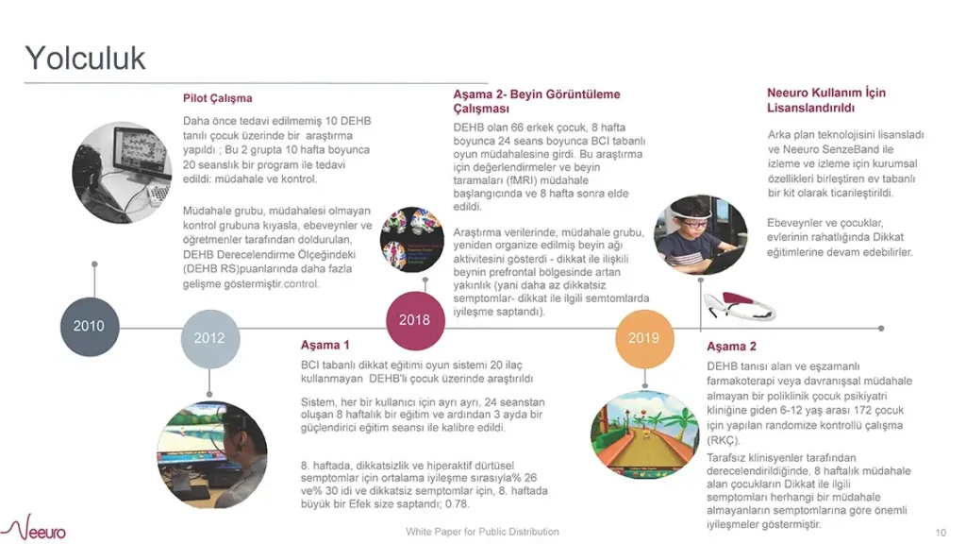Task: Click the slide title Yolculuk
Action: (85, 58)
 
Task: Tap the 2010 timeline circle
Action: (90, 327)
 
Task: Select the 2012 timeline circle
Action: (209, 338)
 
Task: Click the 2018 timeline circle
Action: (414, 319)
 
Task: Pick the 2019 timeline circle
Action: (643, 338)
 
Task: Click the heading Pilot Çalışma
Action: (218, 98)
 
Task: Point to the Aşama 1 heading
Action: (325, 345)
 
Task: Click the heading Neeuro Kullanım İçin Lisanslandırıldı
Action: (825, 100)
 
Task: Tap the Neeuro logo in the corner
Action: (38, 527)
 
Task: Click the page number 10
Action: (941, 532)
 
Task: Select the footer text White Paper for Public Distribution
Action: (482, 532)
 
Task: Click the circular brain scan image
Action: (412, 240)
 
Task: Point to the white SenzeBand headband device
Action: (739, 304)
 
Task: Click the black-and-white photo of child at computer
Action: (121, 172)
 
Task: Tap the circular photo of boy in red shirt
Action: (693, 236)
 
